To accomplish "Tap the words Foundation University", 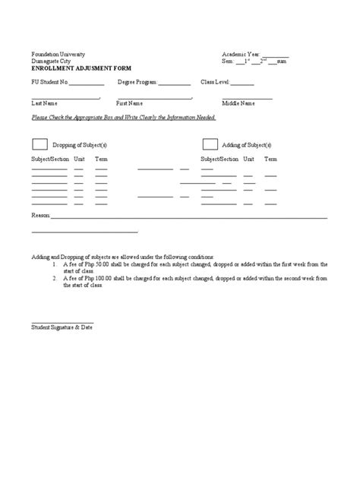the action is [58, 55].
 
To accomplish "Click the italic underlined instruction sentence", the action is [124, 117].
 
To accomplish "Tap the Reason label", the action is [39, 216].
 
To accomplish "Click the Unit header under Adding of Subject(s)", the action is [248, 159].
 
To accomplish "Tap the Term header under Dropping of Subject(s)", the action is [101, 159].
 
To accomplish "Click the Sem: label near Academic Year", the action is [228, 61].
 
